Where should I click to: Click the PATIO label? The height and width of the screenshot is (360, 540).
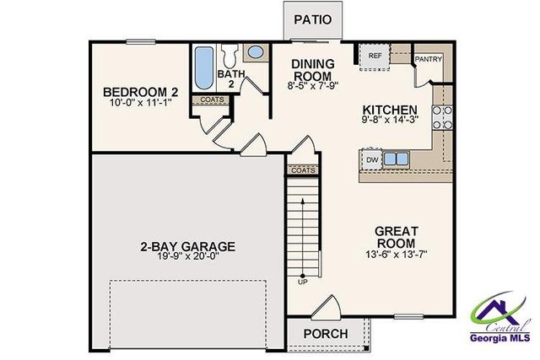pos(312,19)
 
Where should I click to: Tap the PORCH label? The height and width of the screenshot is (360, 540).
pos(325,334)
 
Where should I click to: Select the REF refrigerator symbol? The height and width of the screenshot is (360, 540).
pos(375,56)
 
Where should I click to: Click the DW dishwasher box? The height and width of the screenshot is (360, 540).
pos(371,159)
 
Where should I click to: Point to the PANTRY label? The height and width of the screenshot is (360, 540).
pos(428,60)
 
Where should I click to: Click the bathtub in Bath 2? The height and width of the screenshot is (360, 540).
pos(204,69)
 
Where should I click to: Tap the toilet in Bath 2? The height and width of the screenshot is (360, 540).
pos(229,55)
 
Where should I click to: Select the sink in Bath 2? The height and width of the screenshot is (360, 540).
pos(256,52)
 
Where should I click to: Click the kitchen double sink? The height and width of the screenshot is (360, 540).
pos(395,159)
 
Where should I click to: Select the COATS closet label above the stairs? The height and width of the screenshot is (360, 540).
pos(302,170)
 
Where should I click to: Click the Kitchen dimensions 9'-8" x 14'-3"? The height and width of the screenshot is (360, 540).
pos(389,122)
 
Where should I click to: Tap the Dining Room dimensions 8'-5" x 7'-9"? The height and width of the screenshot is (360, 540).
pos(313,84)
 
